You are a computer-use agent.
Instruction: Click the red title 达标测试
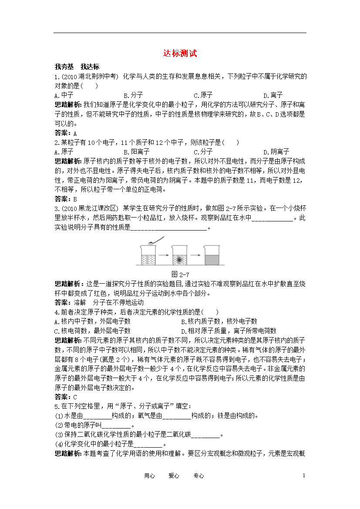pyautogui.click(x=180, y=54)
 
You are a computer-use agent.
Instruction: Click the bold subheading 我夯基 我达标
pyautogui.click(x=77, y=67)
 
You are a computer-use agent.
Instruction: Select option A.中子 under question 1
pyautogui.click(x=64, y=95)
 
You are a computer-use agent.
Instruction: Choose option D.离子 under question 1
pyautogui.click(x=273, y=95)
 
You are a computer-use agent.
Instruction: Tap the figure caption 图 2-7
pyautogui.click(x=180, y=274)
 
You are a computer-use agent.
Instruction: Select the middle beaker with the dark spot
pyautogui.click(x=179, y=255)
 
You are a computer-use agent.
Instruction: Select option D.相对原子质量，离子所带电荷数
pyautogui.click(x=229, y=331)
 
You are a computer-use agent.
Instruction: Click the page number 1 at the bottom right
pyautogui.click(x=303, y=476)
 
